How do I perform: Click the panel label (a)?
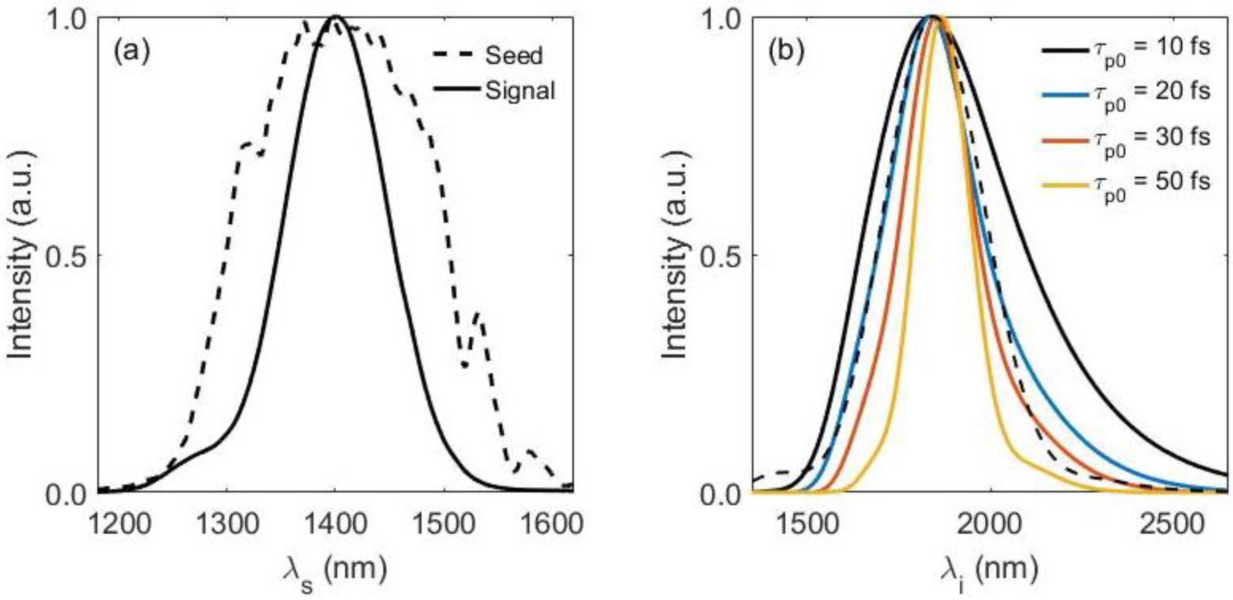[x=132, y=52]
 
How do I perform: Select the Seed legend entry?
[x=514, y=56]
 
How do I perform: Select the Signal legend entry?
[x=520, y=91]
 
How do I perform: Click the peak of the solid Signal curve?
[x=335, y=17]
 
